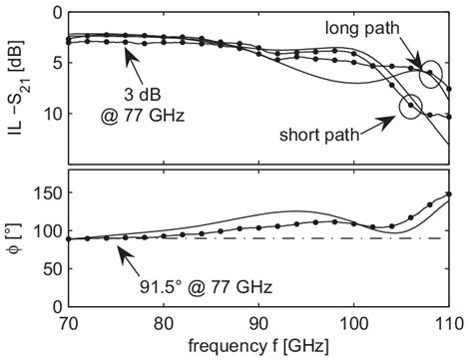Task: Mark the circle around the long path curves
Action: [x=431, y=73]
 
